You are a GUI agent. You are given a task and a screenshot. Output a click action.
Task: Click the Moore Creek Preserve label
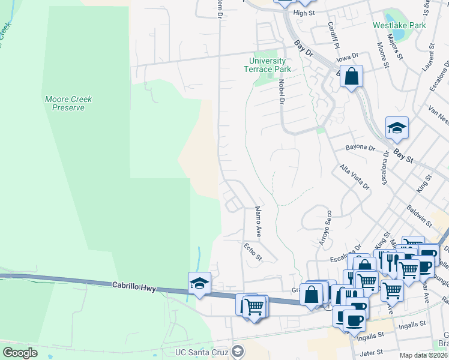click(x=65, y=103)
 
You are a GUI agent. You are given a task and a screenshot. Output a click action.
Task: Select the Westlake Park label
click(x=399, y=26)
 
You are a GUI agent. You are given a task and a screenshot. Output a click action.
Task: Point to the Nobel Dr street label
click(x=280, y=91)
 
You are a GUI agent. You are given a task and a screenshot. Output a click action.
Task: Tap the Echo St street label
click(x=253, y=251)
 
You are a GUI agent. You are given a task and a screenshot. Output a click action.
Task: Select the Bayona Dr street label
click(x=360, y=147)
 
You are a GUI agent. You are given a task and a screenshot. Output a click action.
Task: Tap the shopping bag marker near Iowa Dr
click(x=351, y=77)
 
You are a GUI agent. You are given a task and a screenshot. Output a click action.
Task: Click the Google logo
click(x=20, y=353)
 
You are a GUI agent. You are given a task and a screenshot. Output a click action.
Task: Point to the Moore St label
click(x=381, y=54)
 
